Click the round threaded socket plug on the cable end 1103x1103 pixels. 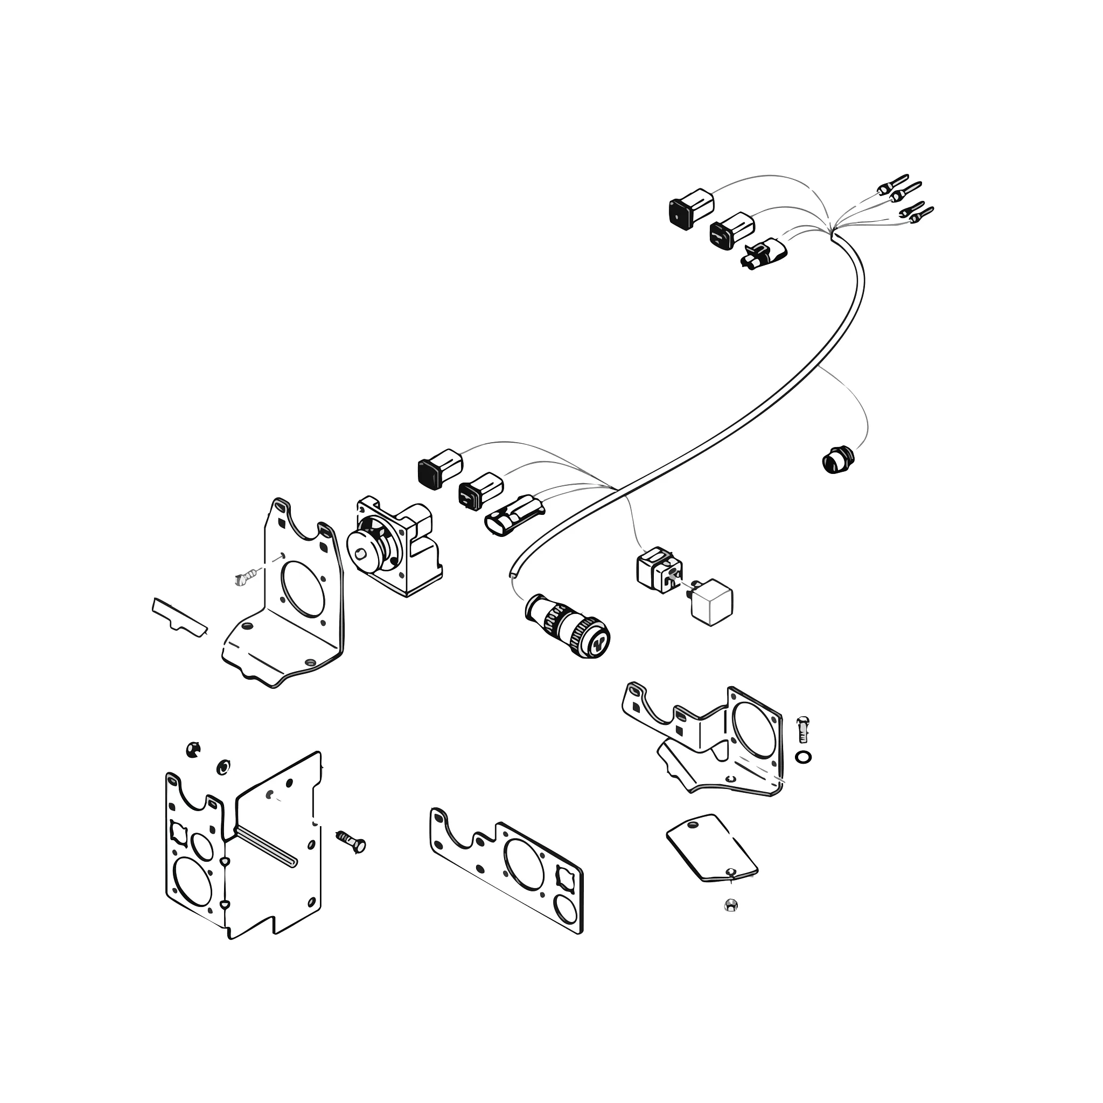pos(568,625)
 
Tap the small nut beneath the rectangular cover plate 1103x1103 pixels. pos(730,905)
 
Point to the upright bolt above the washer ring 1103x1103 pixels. pos(802,729)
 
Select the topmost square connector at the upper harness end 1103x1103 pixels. pos(691,210)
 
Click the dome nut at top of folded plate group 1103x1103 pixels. pos(193,749)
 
